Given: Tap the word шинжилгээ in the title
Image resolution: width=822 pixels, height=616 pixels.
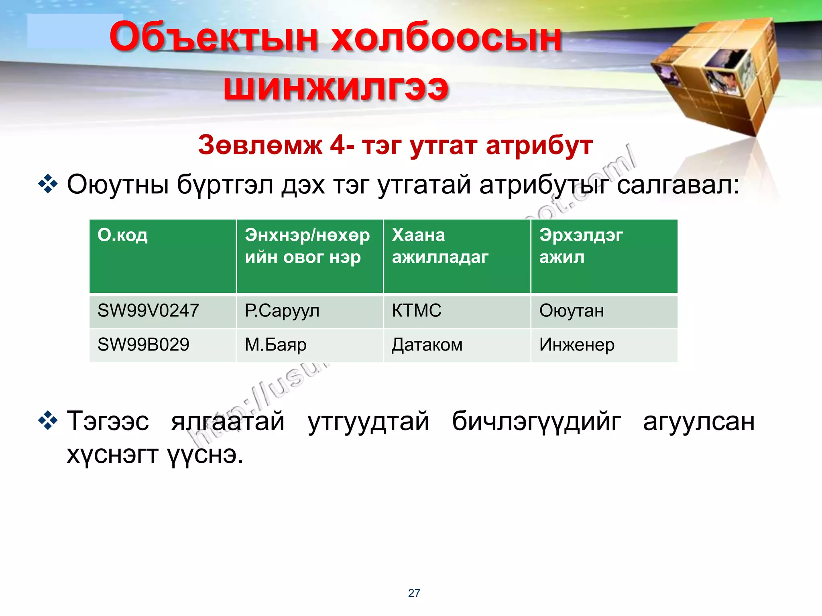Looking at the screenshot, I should [x=336, y=87].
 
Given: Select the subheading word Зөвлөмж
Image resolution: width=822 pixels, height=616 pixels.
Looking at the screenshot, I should [x=260, y=145].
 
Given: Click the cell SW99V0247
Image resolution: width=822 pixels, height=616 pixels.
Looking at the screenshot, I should [x=148, y=311].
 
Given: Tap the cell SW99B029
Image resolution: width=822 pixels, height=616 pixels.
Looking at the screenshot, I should [x=143, y=345].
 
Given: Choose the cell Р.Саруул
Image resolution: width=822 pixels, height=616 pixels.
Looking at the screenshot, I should [x=282, y=311].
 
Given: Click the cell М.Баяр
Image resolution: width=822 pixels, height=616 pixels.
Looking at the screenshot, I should [x=275, y=345].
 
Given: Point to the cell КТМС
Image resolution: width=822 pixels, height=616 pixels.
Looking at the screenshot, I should [x=417, y=311].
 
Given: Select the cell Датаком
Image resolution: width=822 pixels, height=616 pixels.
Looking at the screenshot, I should [x=427, y=345].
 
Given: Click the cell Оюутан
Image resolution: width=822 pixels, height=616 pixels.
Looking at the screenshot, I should [x=571, y=311].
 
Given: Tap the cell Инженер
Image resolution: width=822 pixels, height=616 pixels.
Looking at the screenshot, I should [x=576, y=345].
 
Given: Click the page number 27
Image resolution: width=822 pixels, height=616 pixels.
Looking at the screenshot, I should [x=414, y=593].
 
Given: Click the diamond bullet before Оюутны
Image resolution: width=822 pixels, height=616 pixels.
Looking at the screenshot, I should [x=48, y=184].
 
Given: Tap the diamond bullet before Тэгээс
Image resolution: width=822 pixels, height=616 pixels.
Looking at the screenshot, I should [x=48, y=421].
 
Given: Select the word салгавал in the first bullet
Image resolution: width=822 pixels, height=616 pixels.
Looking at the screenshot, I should [x=678, y=185].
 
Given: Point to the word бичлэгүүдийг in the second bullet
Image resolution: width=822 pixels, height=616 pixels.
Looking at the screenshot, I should [x=536, y=421].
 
